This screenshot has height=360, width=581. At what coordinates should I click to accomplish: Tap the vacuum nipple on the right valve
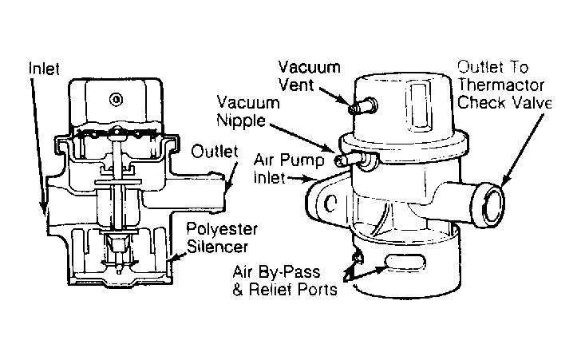[344, 160]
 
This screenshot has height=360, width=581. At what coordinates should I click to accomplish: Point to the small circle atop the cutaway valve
[118, 99]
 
